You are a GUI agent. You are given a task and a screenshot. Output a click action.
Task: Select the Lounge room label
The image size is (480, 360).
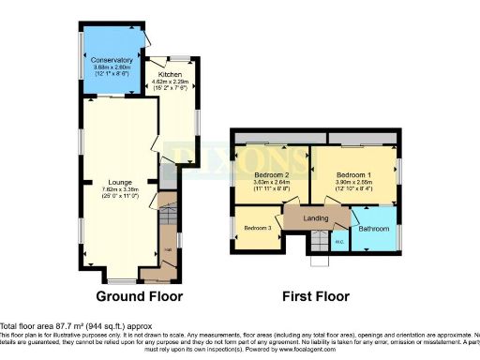(x=118, y=181)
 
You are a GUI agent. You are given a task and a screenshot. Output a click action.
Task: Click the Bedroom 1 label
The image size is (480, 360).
(x=356, y=174)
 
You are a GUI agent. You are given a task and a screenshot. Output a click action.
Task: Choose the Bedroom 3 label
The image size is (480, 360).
(x=257, y=228)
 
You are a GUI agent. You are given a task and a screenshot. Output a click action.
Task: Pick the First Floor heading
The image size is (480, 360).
(x=316, y=296)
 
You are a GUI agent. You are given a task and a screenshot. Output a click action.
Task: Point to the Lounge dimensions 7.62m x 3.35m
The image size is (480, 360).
(x=118, y=189)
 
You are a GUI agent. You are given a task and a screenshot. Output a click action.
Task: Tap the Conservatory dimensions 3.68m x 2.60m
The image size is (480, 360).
(x=111, y=67)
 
